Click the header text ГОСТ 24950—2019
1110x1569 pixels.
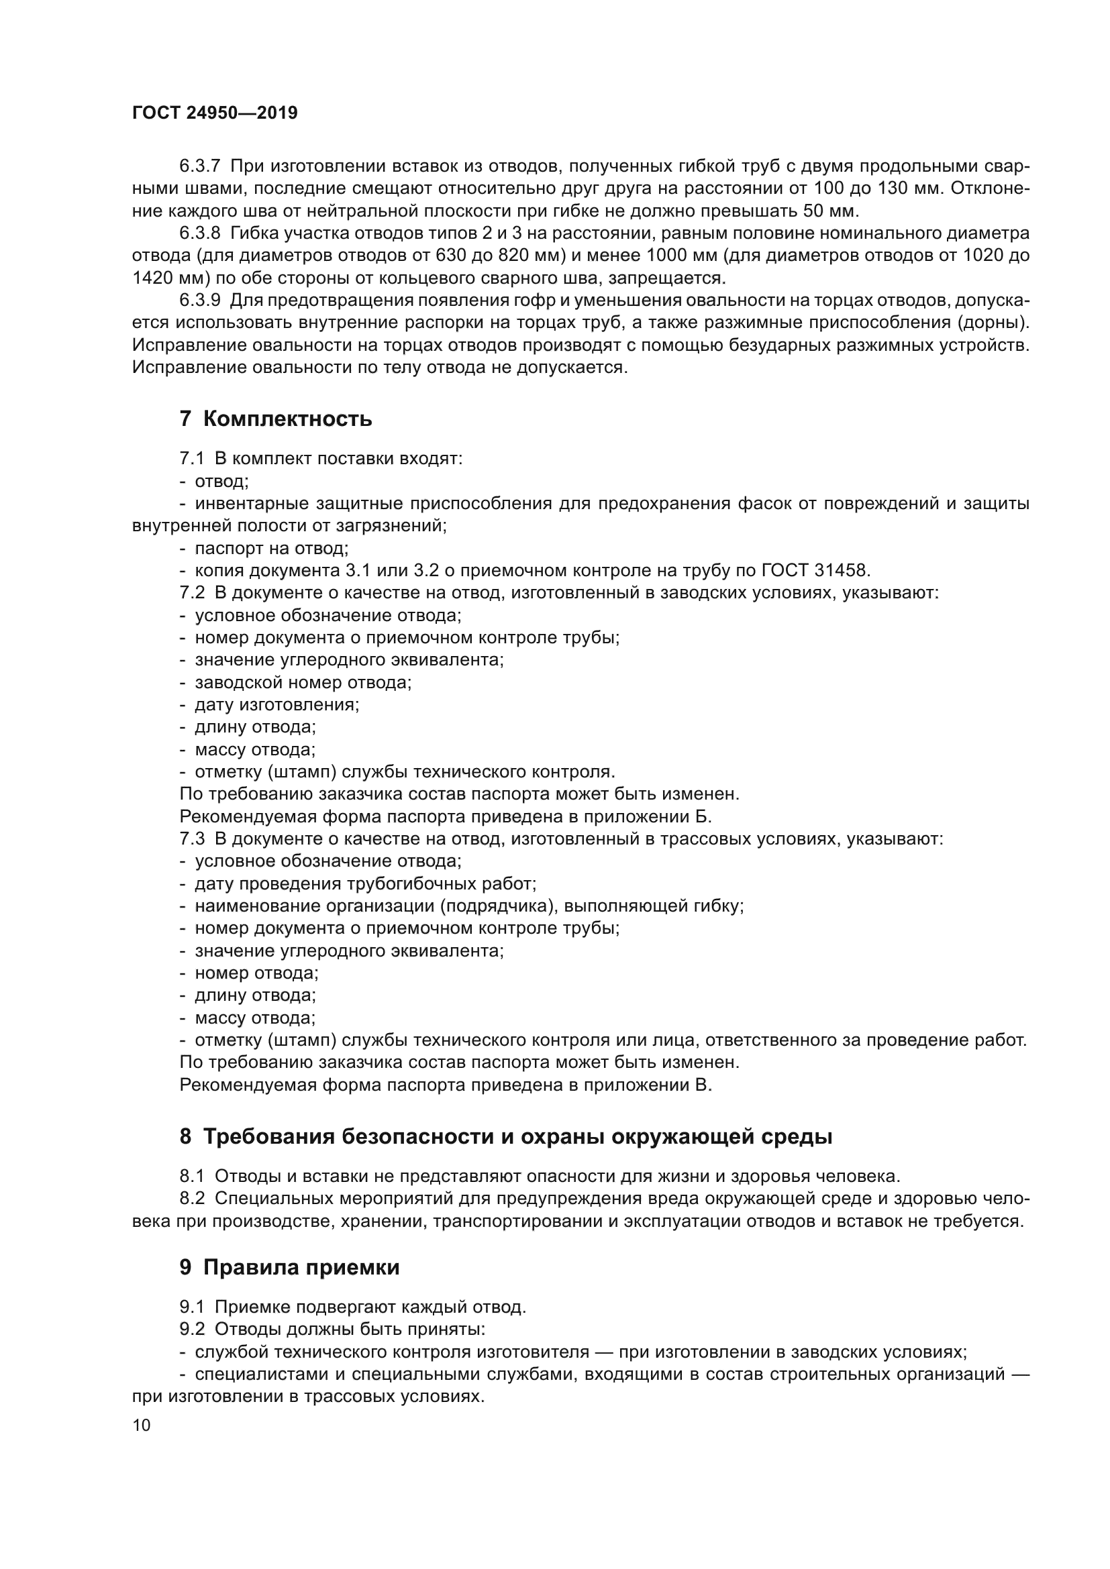215,113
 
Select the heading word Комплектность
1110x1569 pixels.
287,418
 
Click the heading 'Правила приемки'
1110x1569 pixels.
301,1268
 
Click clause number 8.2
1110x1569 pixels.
192,1199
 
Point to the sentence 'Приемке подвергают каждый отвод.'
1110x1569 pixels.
370,1307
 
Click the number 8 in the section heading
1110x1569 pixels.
185,1137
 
